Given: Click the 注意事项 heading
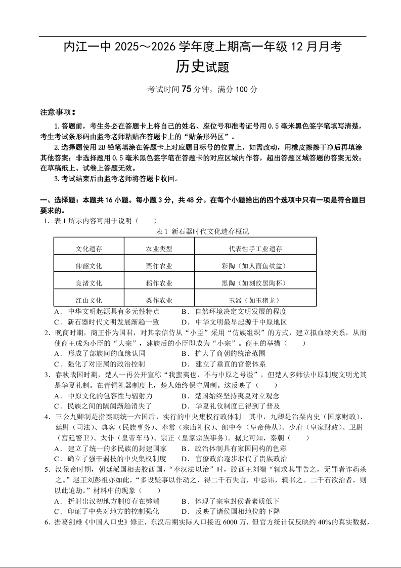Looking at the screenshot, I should (57, 112).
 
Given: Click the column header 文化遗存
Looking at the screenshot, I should (89, 249).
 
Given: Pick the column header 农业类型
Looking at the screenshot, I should (159, 249).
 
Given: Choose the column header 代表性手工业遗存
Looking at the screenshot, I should (255, 249).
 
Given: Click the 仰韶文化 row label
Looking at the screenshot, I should (89, 266).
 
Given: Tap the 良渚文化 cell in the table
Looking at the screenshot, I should (89, 283).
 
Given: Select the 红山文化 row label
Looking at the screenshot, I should (89, 300).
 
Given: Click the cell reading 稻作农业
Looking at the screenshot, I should (159, 283).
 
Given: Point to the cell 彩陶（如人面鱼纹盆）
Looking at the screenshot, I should (255, 266).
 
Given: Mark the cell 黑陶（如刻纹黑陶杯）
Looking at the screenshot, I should (255, 283).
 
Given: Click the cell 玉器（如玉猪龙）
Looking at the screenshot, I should (255, 300).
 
